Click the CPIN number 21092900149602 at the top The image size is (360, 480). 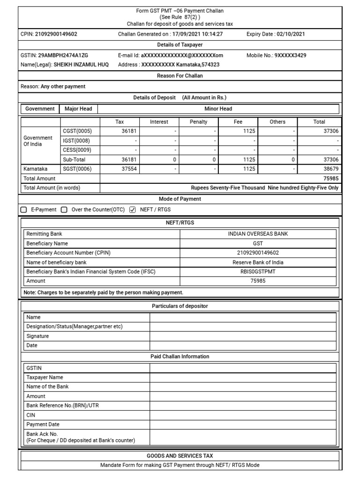tap(56, 34)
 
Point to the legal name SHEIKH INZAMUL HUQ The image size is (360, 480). tap(81, 65)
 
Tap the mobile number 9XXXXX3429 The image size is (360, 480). tap(290, 55)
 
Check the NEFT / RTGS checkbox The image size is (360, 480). tap(132, 210)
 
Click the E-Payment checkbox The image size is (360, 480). tap(24, 210)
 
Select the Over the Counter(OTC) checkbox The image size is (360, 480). tap(64, 210)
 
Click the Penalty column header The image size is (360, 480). tap(198, 122)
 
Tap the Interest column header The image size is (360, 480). tap(159, 122)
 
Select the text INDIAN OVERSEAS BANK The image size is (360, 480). tap(258, 234)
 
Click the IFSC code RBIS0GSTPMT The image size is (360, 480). tap(258, 271)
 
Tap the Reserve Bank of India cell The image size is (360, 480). tap(258, 262)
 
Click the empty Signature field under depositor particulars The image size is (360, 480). tap(243, 336)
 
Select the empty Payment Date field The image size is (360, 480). tap(243, 424)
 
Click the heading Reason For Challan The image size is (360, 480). tap(180, 75)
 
